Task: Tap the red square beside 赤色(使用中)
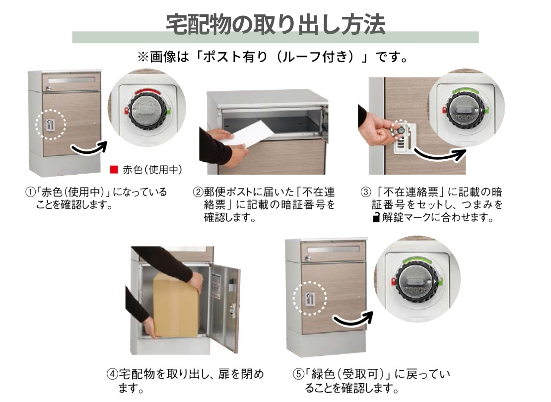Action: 114,170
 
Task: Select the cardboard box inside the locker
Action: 175,305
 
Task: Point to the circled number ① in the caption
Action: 29,192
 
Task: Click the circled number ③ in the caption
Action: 366,192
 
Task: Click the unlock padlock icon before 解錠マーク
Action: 376,217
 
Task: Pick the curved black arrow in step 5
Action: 352,319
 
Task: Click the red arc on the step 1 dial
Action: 148,92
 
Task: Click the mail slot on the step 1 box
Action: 71,80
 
